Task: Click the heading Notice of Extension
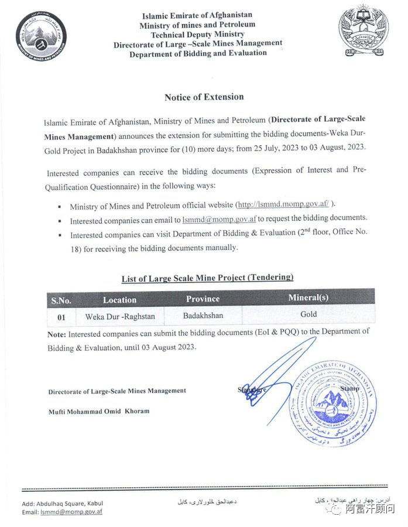point(204,97)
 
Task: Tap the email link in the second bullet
point(219,220)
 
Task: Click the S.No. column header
point(61,300)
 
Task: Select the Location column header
point(119,300)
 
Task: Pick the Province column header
point(203,299)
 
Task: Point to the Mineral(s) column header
point(308,297)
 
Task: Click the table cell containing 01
point(61,317)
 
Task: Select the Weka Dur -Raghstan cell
point(119,317)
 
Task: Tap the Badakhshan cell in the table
point(203,316)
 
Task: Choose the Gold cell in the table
point(308,314)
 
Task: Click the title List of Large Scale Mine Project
point(207,278)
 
